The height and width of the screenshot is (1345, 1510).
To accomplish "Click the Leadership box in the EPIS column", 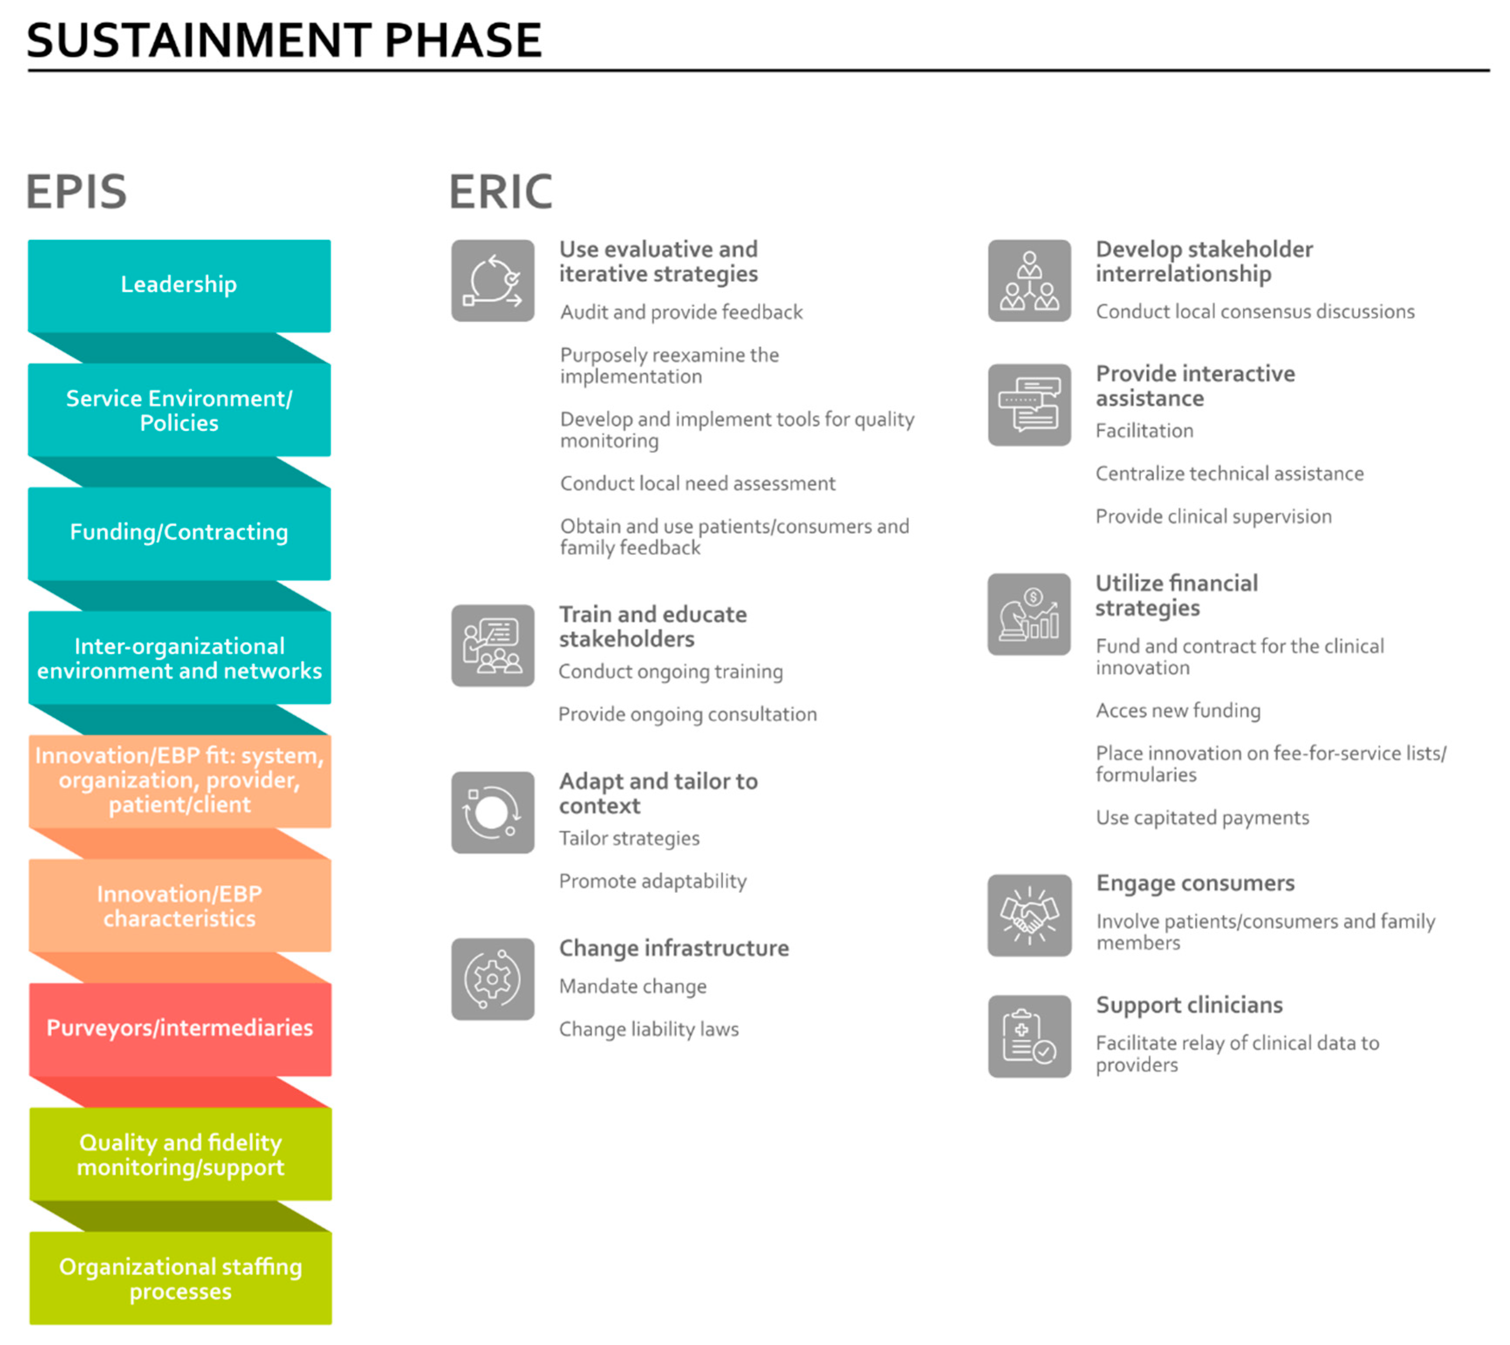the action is click(x=179, y=285).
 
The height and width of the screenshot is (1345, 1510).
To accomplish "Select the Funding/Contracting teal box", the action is click(x=179, y=533).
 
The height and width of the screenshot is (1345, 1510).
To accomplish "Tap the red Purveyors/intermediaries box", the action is click(x=180, y=1029).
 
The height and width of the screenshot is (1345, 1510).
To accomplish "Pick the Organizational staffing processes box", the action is click(x=180, y=1278).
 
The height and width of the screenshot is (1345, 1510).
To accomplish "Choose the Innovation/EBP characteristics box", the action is click(x=180, y=905).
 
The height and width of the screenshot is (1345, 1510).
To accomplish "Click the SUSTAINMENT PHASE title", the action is click(x=284, y=40).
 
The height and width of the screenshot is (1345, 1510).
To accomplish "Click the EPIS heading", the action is click(x=76, y=192).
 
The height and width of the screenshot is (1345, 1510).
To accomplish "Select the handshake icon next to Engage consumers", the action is click(x=1030, y=915).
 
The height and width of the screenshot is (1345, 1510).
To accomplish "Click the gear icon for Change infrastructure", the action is click(x=493, y=979).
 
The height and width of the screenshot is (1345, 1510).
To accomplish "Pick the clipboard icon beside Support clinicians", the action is click(x=1030, y=1036).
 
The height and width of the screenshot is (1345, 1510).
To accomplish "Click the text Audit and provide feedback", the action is click(x=681, y=313).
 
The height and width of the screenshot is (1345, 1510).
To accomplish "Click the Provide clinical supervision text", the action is click(x=1213, y=516).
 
